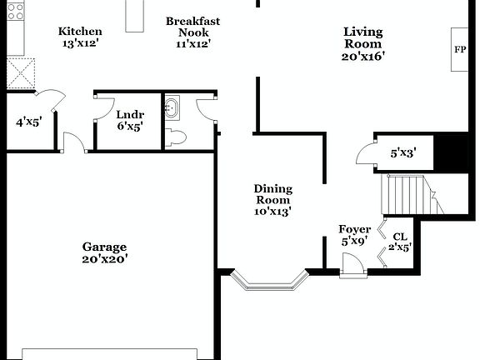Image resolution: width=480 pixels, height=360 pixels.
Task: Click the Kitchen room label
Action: (x=80, y=32)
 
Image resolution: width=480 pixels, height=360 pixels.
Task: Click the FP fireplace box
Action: (x=460, y=49)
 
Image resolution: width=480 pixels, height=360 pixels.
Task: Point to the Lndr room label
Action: (x=129, y=114)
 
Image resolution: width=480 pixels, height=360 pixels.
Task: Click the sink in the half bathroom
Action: (x=172, y=107)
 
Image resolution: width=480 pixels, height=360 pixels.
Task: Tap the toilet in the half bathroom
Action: (x=175, y=137)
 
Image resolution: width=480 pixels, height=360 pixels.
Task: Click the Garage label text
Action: (x=104, y=247)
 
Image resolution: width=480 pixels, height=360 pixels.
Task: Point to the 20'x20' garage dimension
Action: (x=104, y=259)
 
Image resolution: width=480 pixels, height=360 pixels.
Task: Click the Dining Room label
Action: (x=273, y=194)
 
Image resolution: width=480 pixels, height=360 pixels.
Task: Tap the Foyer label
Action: (x=354, y=229)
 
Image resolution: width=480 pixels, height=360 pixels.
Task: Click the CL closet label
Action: (x=400, y=236)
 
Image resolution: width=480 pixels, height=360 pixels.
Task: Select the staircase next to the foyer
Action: (x=408, y=194)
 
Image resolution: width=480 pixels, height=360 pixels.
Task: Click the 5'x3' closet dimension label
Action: (x=403, y=153)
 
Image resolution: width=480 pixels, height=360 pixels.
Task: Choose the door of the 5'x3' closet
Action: (x=365, y=155)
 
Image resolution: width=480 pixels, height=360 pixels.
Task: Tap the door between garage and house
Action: (x=75, y=143)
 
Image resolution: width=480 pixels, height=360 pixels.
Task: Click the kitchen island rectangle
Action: (x=135, y=16)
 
